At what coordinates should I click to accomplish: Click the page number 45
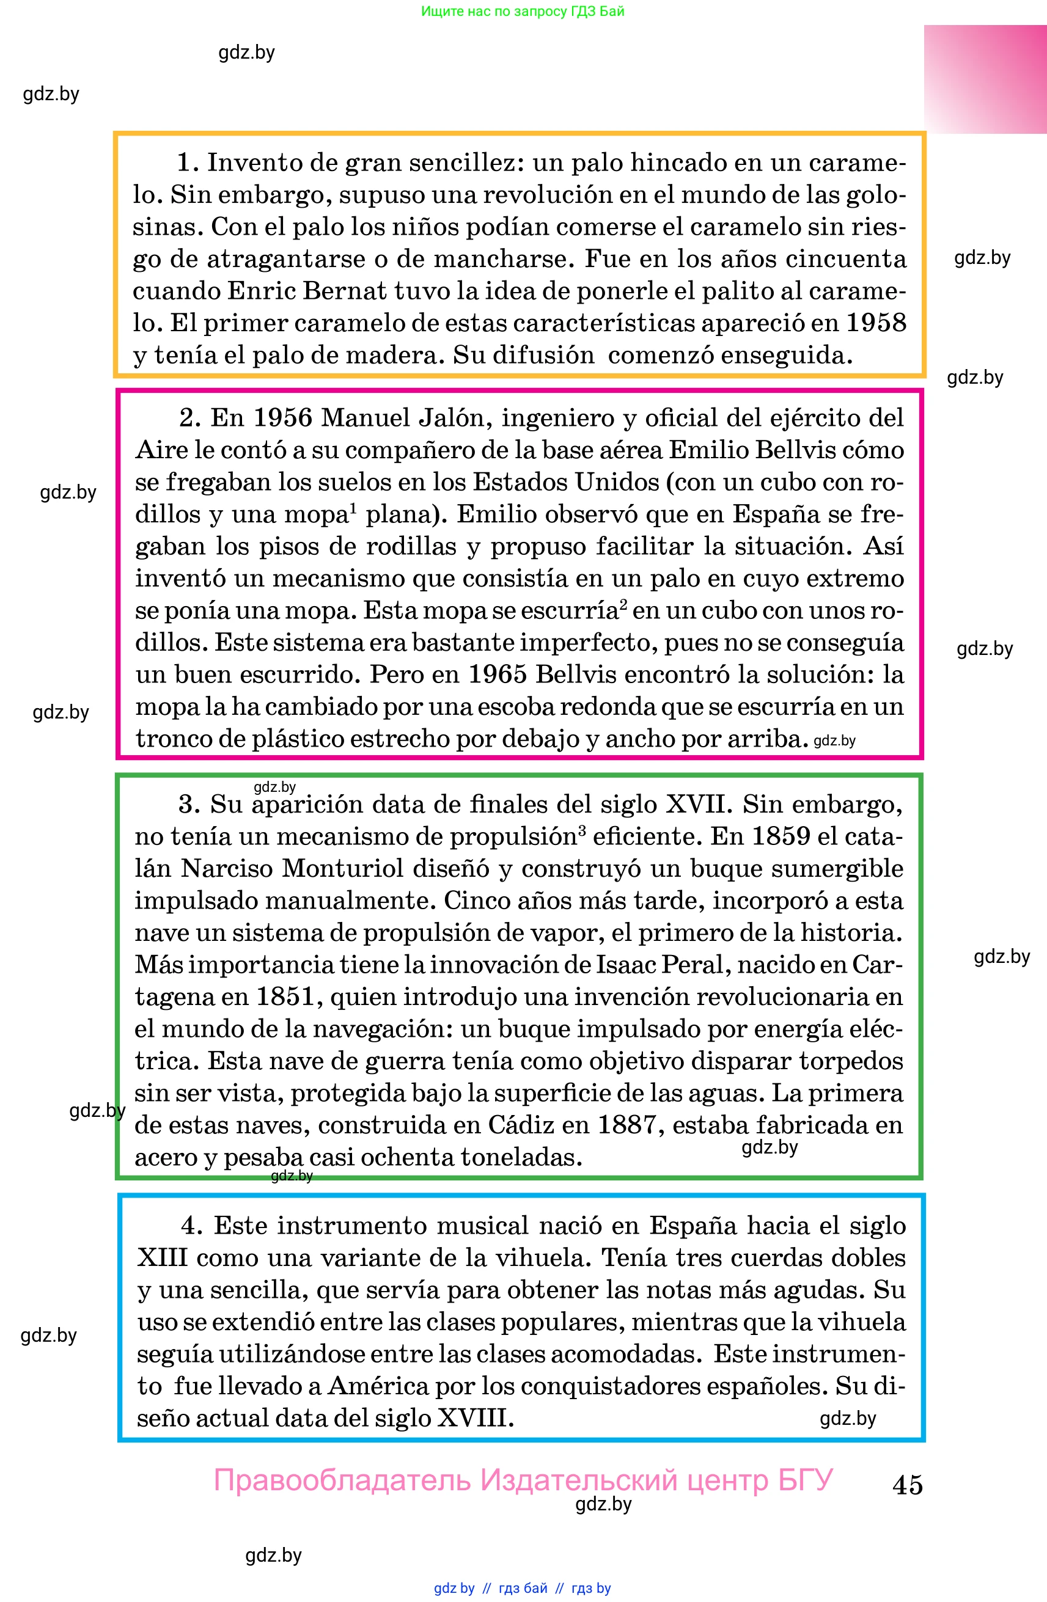(x=907, y=1485)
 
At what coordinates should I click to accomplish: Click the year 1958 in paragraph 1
(x=876, y=323)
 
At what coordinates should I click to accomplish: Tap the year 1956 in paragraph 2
(x=283, y=418)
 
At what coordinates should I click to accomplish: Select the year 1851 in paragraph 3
(x=285, y=997)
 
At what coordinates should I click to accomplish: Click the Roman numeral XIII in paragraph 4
(x=161, y=1257)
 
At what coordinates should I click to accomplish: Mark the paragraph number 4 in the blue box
(x=191, y=1225)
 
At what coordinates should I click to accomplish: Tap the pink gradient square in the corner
(x=985, y=79)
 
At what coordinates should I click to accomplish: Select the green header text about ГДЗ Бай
(x=523, y=12)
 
